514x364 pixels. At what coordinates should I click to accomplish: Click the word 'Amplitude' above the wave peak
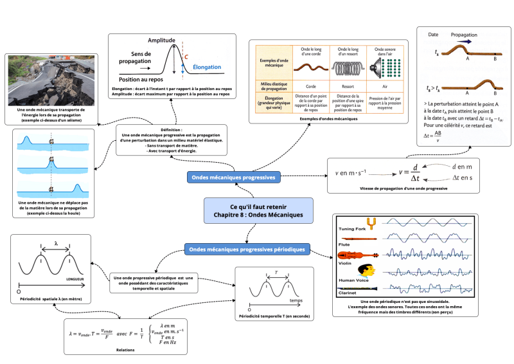tap(161, 40)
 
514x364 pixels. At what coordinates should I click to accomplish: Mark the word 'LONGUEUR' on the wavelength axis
tap(75, 280)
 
